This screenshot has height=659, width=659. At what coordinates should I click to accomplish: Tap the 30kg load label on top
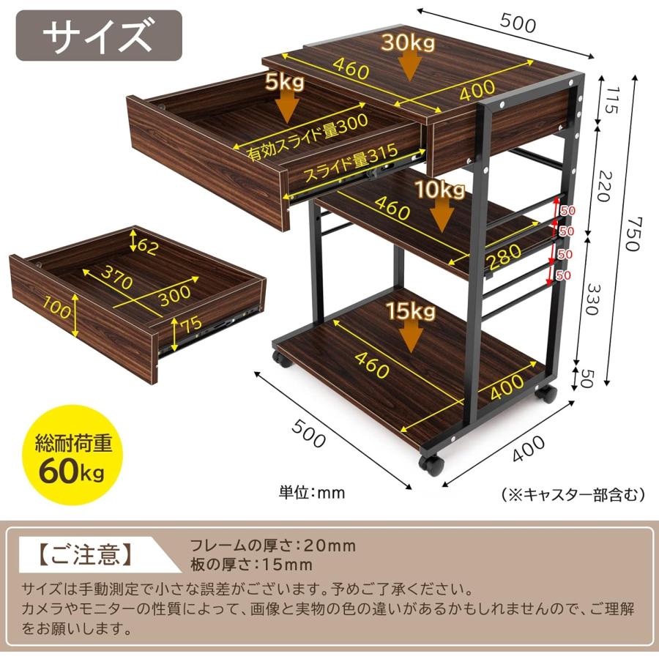click(x=407, y=42)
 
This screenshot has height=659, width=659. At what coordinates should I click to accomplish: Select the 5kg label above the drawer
click(x=285, y=83)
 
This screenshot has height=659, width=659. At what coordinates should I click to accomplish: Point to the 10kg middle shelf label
click(x=439, y=190)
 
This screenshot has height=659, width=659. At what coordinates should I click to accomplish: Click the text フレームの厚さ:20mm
click(x=272, y=546)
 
